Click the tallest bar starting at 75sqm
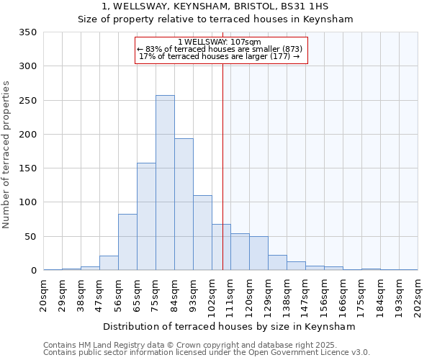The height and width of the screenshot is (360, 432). pos(165,183)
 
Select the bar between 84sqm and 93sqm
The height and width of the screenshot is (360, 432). pos(184,204)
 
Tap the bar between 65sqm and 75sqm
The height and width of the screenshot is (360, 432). pos(146,217)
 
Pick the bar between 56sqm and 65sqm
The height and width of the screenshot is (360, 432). pos(127,242)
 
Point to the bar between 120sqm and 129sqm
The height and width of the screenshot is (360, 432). pos(258,253)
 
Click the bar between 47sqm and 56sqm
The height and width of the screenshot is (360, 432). pos(109,263)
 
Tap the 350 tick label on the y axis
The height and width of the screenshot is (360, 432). pos(28,32)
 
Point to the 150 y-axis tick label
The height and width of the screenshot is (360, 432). pos(28,168)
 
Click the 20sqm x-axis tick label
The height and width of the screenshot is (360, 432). pos(44,293)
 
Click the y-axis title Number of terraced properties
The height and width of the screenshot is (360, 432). pos(6,155)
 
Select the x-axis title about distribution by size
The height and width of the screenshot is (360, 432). pos(230,326)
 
